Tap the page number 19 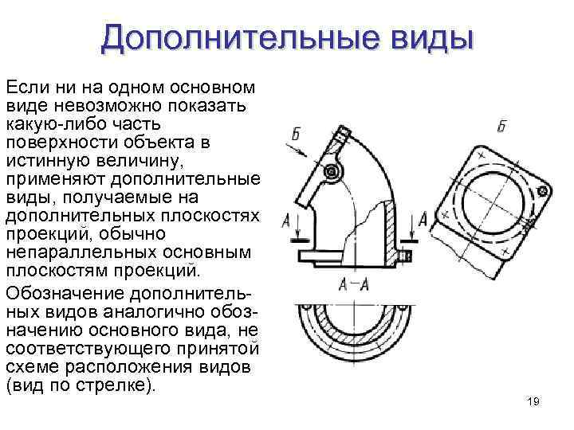[533, 403]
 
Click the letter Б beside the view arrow [297, 135]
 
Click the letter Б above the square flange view [501, 126]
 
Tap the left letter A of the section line [285, 221]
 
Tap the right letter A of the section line [423, 219]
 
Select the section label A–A [352, 284]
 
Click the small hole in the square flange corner [542, 191]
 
